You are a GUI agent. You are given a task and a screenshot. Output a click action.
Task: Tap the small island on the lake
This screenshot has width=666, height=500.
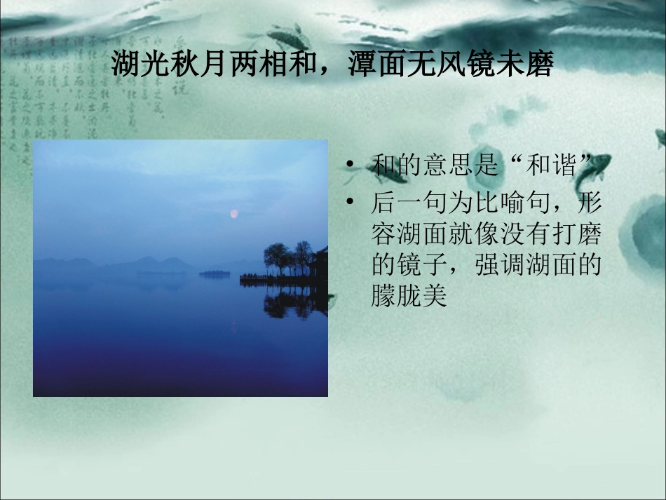coord(215,273)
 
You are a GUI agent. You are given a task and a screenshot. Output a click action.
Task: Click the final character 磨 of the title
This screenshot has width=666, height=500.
coord(541,65)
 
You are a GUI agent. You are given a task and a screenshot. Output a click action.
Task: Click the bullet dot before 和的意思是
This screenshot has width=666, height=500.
coord(349,166)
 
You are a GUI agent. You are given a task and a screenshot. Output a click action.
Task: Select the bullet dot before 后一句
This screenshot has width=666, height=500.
coord(349,203)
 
